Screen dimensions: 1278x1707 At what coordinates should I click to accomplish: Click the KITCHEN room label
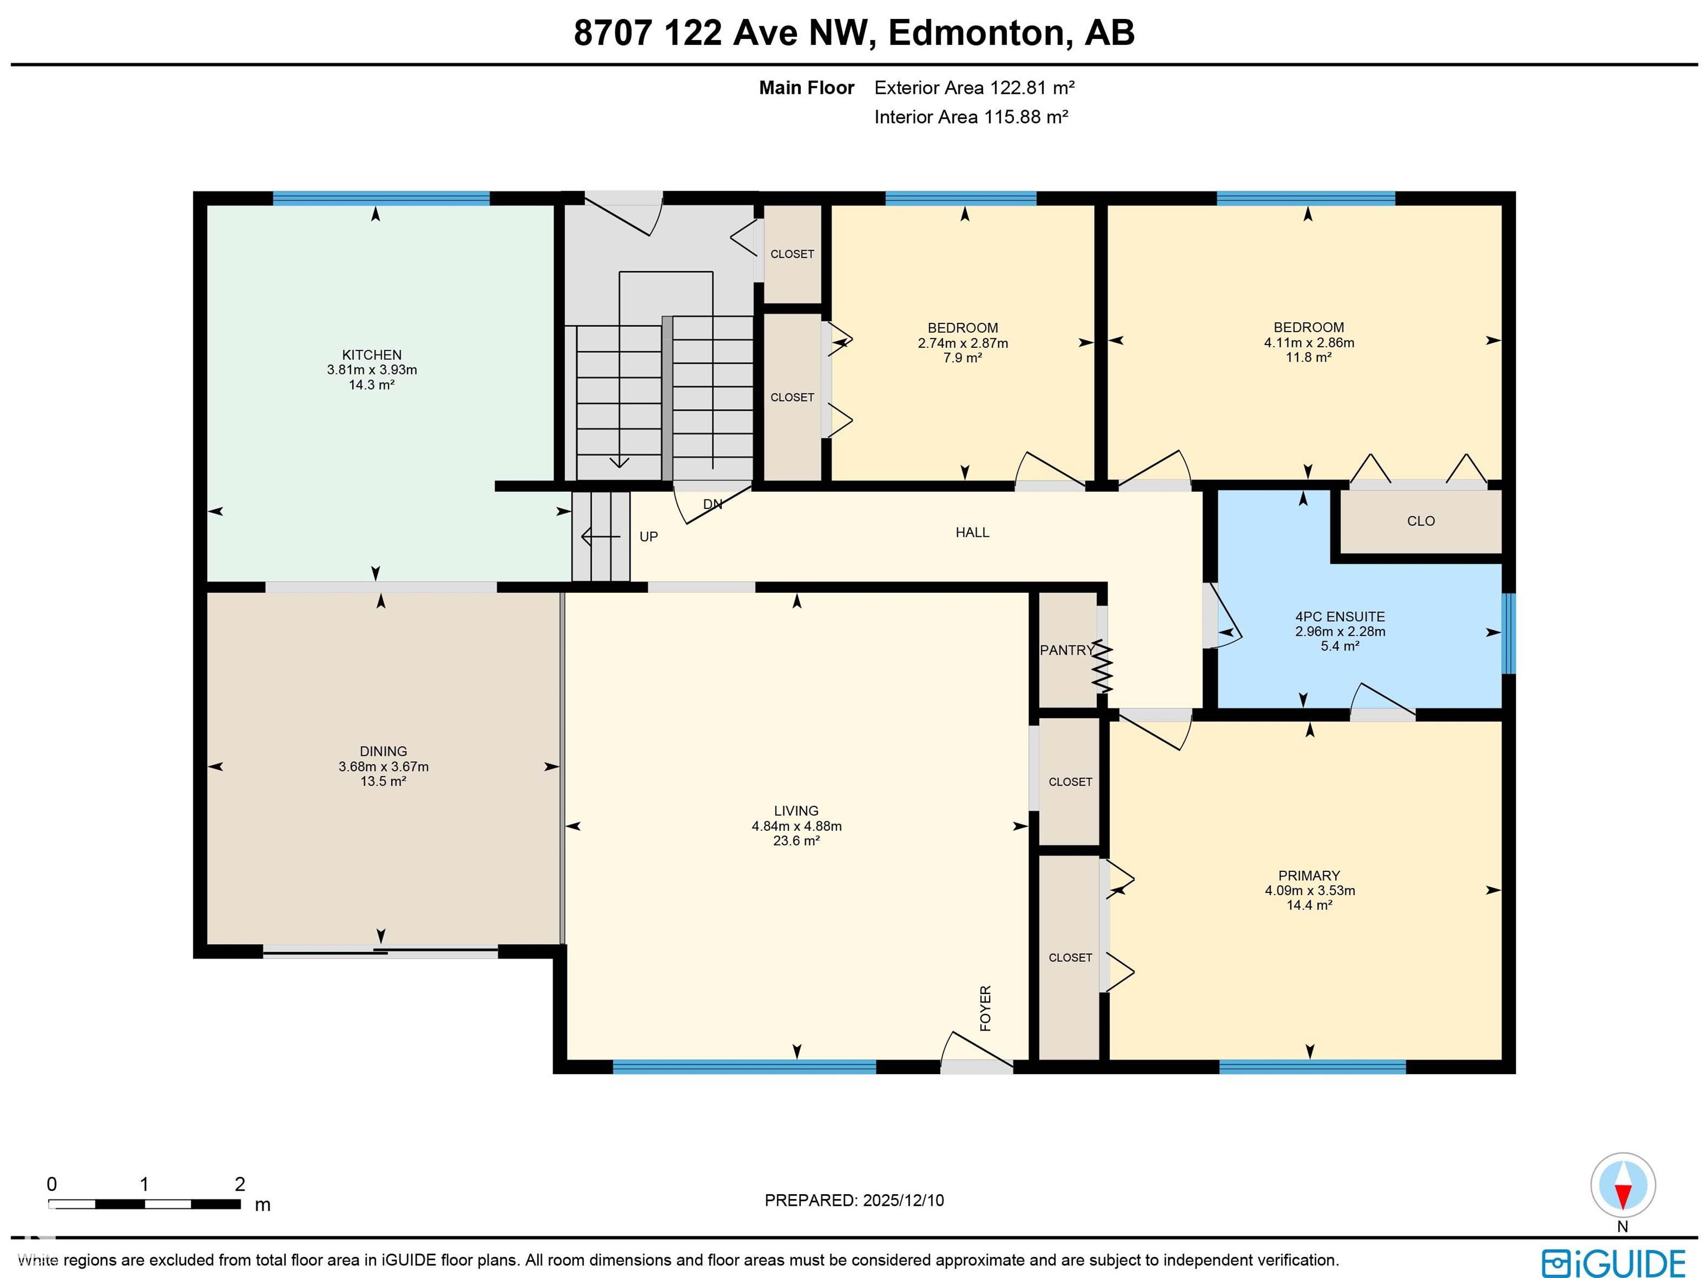(371, 355)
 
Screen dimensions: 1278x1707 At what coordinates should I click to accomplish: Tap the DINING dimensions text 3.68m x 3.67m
(383, 766)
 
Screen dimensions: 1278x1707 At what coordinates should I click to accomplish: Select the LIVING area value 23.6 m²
(796, 840)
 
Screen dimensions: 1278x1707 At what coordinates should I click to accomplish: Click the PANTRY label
(1066, 650)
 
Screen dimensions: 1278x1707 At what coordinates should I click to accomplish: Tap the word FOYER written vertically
(985, 1008)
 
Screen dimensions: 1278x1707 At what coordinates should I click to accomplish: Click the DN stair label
(712, 504)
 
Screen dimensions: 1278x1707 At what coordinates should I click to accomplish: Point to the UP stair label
(648, 536)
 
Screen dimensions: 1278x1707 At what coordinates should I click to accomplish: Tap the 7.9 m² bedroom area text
(962, 358)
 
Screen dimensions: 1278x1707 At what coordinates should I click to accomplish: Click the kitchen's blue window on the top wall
(381, 198)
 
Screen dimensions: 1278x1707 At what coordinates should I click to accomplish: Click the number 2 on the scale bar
(239, 1184)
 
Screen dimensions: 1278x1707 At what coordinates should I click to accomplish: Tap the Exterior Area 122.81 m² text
(974, 88)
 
